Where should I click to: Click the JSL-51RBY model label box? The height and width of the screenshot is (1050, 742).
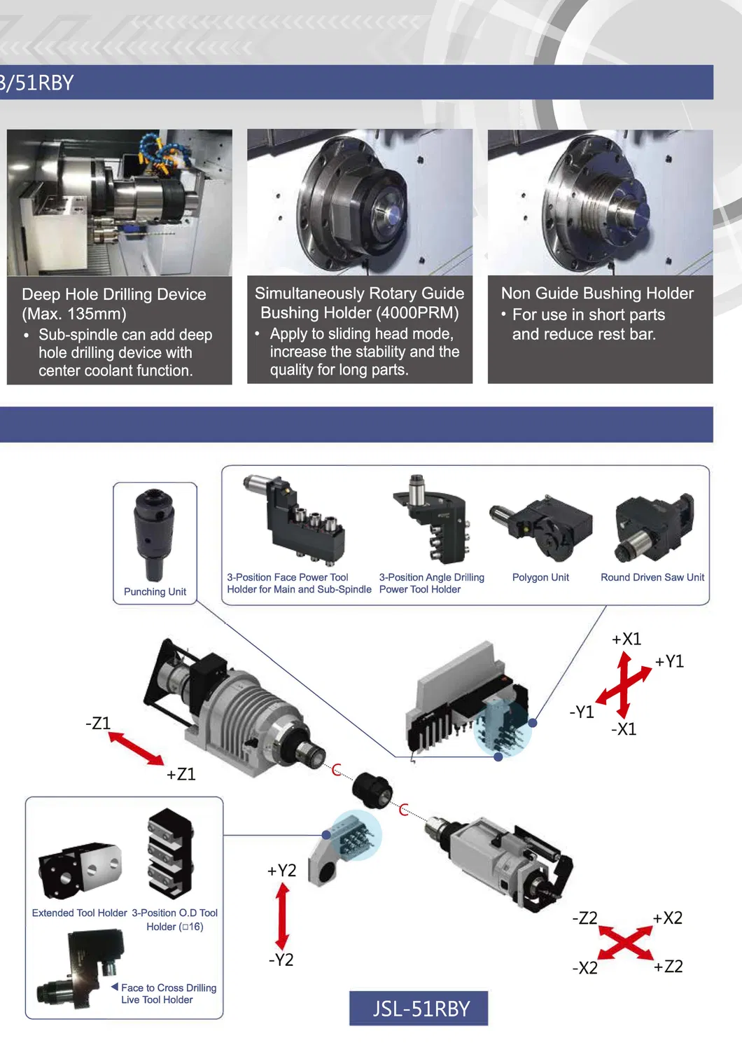click(x=419, y=1008)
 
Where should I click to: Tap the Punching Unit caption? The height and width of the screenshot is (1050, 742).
click(x=155, y=592)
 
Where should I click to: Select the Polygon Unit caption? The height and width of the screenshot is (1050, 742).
click(x=540, y=577)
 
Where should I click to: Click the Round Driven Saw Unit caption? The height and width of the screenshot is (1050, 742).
click(x=652, y=577)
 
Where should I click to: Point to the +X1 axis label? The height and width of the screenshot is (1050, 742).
click(x=626, y=639)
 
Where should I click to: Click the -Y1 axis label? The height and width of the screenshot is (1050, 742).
click(x=582, y=712)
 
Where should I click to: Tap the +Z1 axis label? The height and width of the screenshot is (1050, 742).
click(x=181, y=773)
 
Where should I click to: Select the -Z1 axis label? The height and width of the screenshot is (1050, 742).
click(x=98, y=723)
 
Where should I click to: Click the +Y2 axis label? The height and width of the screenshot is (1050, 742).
click(x=281, y=871)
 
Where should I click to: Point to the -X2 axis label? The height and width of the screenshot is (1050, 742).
click(x=585, y=967)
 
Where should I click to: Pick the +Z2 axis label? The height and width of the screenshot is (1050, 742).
click(x=668, y=966)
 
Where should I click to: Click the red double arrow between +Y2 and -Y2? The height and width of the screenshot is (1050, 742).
click(x=282, y=916)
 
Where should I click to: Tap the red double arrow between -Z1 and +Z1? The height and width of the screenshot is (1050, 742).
click(x=136, y=748)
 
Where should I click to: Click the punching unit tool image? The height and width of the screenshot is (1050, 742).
click(x=154, y=535)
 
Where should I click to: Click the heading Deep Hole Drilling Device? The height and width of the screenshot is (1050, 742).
click(x=114, y=294)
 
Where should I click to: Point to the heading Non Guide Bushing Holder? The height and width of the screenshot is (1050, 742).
click(x=597, y=293)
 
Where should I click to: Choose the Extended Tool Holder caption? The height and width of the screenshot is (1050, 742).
click(x=80, y=913)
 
